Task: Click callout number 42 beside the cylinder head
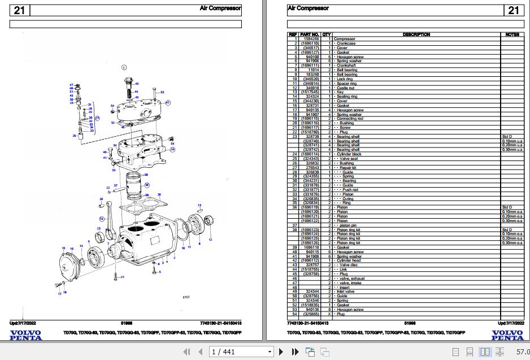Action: pyautogui.click(x=168, y=102)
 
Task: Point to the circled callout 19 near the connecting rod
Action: pyautogui.click(x=102, y=218)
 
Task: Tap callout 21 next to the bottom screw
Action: pyautogui.click(x=123, y=276)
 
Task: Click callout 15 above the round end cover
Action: pyautogui.click(x=64, y=248)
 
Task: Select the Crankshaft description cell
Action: pyautogui.click(x=347, y=65)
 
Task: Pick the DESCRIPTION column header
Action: pyautogui.click(x=416, y=34)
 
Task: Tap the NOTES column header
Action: pyautogui.click(x=512, y=34)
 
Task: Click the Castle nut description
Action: pyautogui.click(x=345, y=88)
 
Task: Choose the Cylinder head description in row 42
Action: pyautogui.click(x=349, y=261)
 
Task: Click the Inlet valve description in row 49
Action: pyautogui.click(x=346, y=291)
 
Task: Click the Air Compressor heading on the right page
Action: pyautogui.click(x=308, y=8)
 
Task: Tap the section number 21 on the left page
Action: pyautogui.click(x=19, y=10)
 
